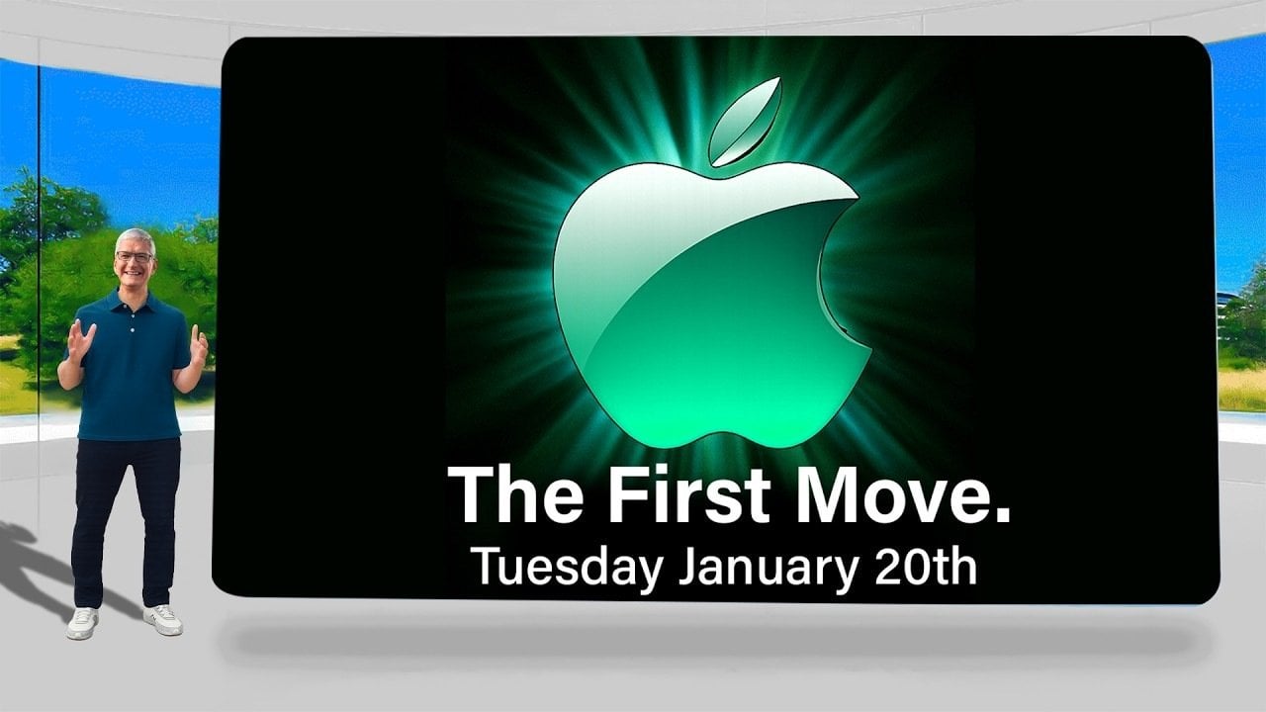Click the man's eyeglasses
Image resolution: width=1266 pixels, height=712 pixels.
pyautogui.click(x=135, y=257)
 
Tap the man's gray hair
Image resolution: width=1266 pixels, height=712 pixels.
pyautogui.click(x=134, y=238)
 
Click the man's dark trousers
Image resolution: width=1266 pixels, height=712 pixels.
pyautogui.click(x=127, y=514)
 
